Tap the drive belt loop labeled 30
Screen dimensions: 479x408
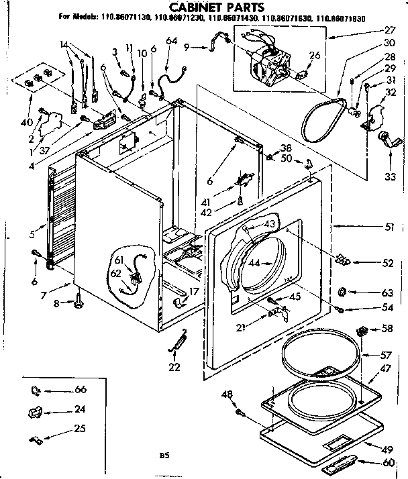tap(321, 121)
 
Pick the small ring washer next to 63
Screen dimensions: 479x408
tap(342, 292)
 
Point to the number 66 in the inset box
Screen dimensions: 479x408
tap(81, 390)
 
